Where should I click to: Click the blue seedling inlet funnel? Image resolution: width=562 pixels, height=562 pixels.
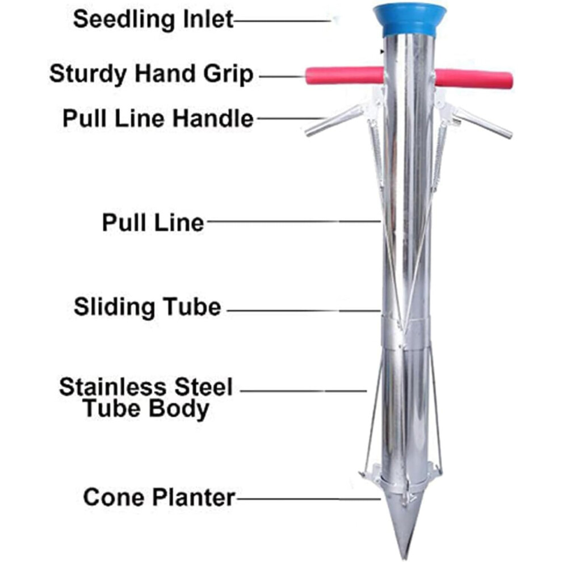pos(410,20)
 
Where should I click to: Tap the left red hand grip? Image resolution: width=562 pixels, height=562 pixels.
pos(345,76)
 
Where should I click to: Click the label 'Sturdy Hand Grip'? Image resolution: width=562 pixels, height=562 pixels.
pos(151,74)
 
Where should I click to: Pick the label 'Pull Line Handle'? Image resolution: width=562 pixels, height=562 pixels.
pos(158,118)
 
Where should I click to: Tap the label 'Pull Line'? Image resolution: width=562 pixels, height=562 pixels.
pos(153,223)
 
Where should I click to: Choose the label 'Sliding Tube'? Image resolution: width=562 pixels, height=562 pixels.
pos(147,307)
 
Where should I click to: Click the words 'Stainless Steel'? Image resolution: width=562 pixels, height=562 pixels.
pos(146,387)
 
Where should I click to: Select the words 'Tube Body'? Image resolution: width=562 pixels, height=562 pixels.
pos(146,408)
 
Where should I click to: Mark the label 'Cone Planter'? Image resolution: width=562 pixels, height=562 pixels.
pos(159,497)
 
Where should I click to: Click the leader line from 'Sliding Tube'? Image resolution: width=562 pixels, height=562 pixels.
pos(304,311)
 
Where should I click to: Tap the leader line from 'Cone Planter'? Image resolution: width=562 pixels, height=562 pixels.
pos(308,498)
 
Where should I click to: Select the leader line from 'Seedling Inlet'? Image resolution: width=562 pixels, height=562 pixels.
pos(283,21)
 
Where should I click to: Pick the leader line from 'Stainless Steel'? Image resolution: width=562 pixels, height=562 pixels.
pos(303,391)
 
